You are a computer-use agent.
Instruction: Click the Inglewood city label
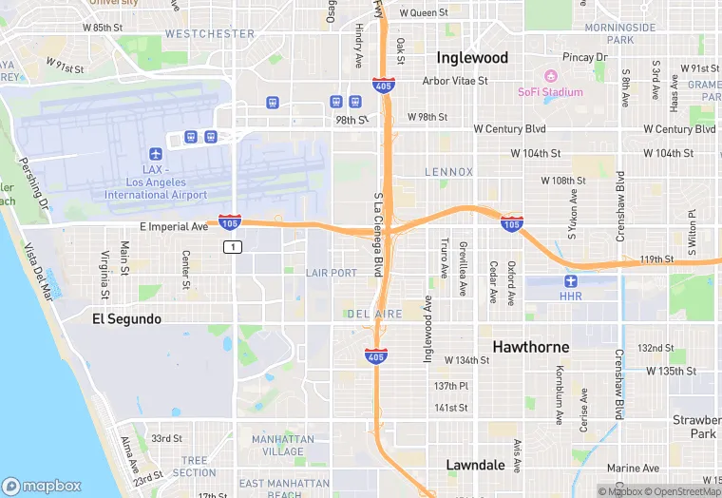point(472,57)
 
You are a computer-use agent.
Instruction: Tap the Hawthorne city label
point(530,347)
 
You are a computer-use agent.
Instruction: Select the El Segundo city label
point(126,318)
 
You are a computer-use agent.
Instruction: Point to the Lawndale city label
point(475,465)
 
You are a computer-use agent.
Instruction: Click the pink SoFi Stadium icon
point(549,76)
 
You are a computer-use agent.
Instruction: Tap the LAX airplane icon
point(156,154)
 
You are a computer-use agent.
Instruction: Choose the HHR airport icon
point(570,280)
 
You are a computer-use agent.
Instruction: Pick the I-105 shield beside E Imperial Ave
point(229,222)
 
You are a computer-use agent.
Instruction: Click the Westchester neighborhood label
point(210,33)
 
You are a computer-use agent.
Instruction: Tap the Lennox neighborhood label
point(448,172)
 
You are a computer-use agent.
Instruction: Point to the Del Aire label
point(374,314)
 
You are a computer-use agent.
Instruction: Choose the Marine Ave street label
point(633,468)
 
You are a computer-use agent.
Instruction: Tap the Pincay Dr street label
point(584,58)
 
